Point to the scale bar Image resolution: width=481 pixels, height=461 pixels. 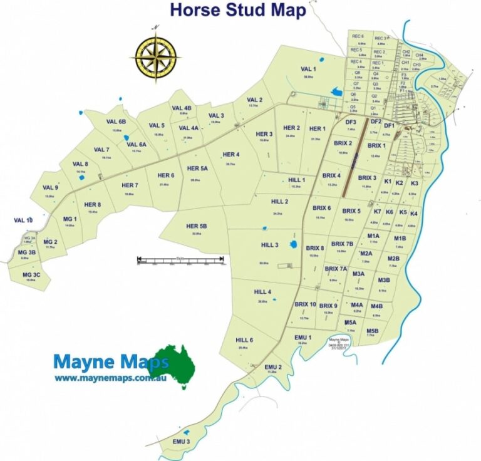point(181,259)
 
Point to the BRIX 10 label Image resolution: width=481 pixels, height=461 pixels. point(305,304)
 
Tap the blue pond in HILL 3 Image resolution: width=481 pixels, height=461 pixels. point(292,244)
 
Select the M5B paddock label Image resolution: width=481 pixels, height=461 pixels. point(372,330)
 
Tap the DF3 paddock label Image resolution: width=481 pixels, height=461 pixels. point(351,122)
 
